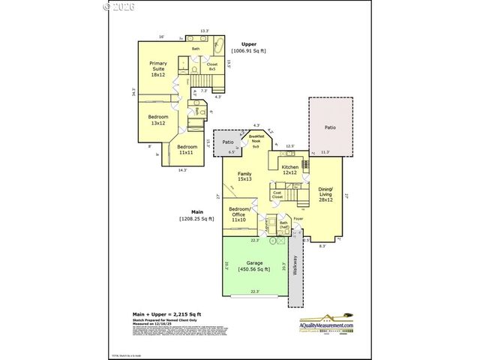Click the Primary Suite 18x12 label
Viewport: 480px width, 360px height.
158,68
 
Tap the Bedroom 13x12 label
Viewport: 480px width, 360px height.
157,120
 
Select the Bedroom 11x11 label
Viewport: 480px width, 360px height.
187,149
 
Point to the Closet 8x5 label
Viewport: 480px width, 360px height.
212,67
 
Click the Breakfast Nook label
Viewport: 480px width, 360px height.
256,141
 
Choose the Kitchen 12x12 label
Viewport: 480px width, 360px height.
290,169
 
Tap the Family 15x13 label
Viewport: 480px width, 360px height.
244,176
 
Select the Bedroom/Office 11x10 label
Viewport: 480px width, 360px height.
238,213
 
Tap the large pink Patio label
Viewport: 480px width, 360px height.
330,127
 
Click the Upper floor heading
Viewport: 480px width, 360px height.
249,44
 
